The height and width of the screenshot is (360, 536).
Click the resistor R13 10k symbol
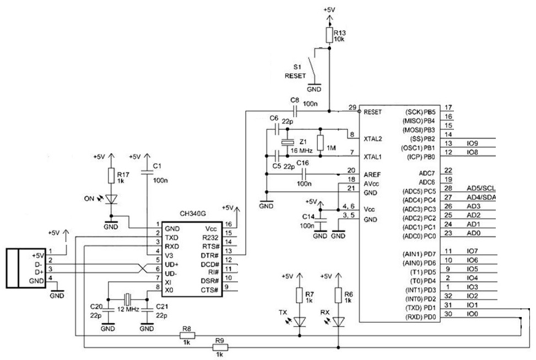tap(329, 36)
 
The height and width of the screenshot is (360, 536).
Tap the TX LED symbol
tap(300, 321)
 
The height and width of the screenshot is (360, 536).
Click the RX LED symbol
tap(338, 321)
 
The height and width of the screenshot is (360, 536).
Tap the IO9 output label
tap(472, 143)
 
